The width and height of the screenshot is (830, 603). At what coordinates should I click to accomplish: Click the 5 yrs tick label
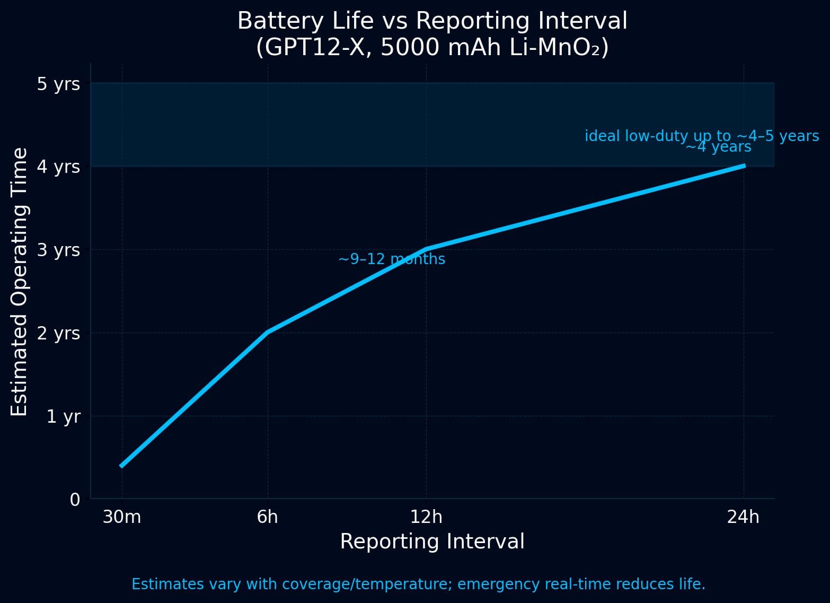(x=58, y=84)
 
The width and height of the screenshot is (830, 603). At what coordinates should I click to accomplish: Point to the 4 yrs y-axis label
(x=58, y=167)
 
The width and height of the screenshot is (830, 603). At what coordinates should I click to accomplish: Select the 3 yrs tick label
(x=58, y=250)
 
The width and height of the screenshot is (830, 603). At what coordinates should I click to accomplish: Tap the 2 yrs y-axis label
(x=58, y=333)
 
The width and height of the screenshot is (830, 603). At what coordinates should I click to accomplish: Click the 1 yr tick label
(x=63, y=416)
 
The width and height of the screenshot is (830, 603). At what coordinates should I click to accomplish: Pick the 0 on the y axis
(x=75, y=500)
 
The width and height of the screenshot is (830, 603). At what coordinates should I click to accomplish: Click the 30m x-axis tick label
(x=122, y=517)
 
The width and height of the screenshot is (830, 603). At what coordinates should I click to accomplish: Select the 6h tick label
(x=267, y=517)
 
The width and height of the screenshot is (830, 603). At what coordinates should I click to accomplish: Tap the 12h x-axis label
(x=426, y=517)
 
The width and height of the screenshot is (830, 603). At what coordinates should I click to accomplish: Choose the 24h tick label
(x=743, y=517)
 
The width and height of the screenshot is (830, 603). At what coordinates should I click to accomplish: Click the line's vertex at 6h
(x=267, y=333)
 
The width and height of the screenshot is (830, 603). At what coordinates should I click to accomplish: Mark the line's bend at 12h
(x=426, y=249)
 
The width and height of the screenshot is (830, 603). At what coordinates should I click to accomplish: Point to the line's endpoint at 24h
(x=744, y=166)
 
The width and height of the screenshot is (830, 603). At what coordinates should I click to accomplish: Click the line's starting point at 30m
(x=122, y=466)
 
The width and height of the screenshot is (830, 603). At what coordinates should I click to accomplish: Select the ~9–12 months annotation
(x=391, y=259)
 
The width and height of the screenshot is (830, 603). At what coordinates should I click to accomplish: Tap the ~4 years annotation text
(x=718, y=147)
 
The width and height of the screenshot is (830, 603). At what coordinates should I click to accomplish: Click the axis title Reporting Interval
(x=432, y=541)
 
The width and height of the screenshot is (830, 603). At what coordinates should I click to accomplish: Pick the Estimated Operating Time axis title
(x=20, y=282)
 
